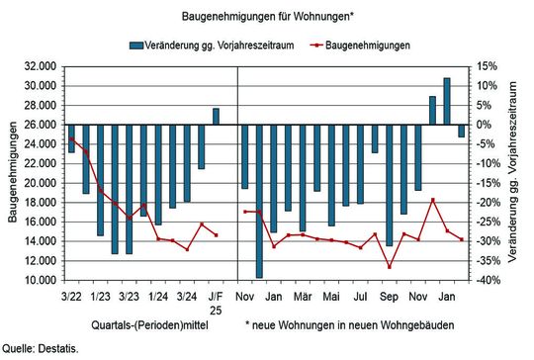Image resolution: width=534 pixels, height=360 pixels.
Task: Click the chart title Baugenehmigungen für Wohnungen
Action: click(x=267, y=17)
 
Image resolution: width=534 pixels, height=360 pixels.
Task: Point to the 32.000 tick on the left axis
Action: click(x=40, y=66)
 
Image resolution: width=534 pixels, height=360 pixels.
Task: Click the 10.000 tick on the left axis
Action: click(x=40, y=281)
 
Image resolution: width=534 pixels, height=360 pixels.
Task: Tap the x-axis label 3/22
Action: click(x=71, y=295)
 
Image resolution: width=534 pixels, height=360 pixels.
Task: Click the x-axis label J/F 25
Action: click(x=216, y=301)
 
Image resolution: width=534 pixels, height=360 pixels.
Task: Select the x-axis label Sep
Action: click(x=389, y=295)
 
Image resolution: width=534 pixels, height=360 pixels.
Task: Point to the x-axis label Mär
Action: click(x=303, y=295)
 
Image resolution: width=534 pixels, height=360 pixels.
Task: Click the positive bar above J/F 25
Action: click(x=216, y=116)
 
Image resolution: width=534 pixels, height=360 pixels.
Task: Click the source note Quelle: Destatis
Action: click(x=40, y=349)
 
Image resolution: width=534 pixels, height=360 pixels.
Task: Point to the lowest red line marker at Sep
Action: click(x=390, y=267)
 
